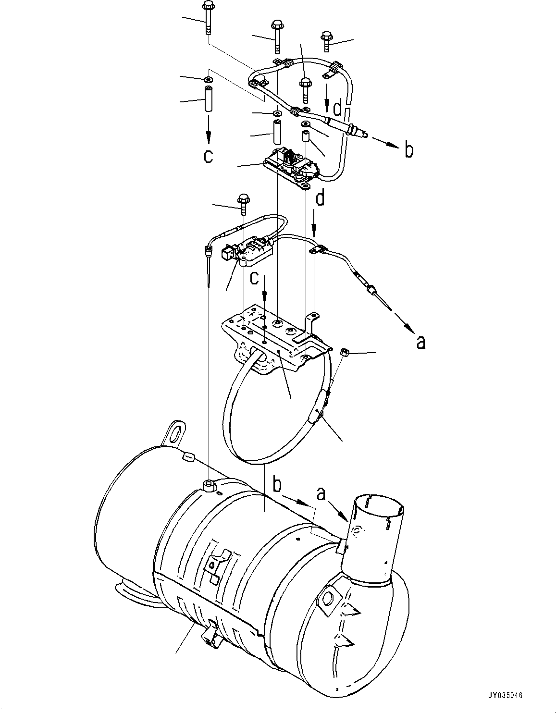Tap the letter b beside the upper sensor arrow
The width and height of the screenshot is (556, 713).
(408, 150)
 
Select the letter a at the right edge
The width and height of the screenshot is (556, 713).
(420, 342)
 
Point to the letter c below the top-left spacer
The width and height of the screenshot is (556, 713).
(208, 156)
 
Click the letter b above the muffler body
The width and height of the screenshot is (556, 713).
(277, 484)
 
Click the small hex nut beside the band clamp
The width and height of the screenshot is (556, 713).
(344, 353)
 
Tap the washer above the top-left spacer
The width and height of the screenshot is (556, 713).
(208, 78)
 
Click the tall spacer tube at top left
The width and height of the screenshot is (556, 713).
(208, 99)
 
